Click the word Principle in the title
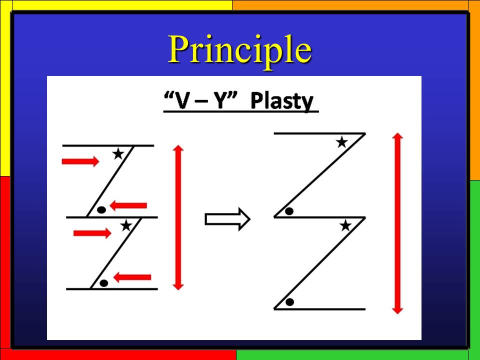click(x=240, y=50)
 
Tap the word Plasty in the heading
click(x=281, y=100)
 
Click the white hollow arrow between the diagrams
click(x=227, y=219)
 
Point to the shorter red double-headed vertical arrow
click(x=178, y=217)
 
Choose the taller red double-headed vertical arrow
click(x=397, y=223)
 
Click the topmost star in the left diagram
click(x=118, y=153)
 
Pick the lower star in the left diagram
click(x=126, y=226)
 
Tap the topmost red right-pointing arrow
click(x=80, y=161)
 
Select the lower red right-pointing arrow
click(x=92, y=233)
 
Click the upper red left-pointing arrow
click(x=128, y=205)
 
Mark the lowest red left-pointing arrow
click(x=132, y=277)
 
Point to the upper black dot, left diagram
click(x=101, y=210)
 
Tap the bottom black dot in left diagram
click(x=104, y=283)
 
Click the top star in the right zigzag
click(x=341, y=142)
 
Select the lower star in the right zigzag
click(x=345, y=226)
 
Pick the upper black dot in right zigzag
click(x=289, y=211)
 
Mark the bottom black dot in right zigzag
click(x=289, y=302)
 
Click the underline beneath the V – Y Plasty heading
click(x=241, y=111)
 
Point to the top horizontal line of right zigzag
click(x=319, y=133)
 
